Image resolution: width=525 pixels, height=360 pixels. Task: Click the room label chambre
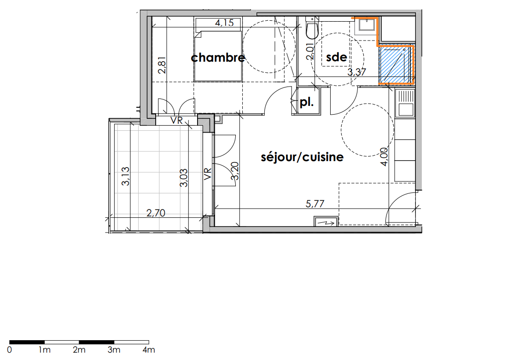pyautogui.click(x=218, y=58)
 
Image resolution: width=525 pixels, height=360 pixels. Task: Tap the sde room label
pyautogui.click(x=337, y=57)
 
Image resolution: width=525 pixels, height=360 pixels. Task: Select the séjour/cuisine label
pyautogui.click(x=302, y=157)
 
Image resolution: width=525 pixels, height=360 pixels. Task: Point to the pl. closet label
pyautogui.click(x=306, y=102)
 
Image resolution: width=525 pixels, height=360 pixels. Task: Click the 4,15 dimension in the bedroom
pyautogui.click(x=224, y=23)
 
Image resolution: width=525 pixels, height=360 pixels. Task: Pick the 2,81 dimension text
pyautogui.click(x=162, y=65)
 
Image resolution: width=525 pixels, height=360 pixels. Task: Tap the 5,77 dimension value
pyautogui.click(x=315, y=203)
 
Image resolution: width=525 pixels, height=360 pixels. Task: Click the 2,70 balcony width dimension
pyautogui.click(x=156, y=213)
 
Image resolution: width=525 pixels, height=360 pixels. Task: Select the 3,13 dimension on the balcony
pyautogui.click(x=126, y=176)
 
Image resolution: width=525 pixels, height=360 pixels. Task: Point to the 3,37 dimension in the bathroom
pyautogui.click(x=356, y=72)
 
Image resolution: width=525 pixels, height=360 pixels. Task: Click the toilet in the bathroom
pyautogui.click(x=312, y=28)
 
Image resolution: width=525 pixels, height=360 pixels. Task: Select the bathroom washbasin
pyautogui.click(x=367, y=25)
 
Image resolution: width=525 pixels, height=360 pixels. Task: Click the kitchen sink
pyautogui.click(x=405, y=103)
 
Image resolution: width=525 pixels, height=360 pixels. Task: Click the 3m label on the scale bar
pyautogui.click(x=114, y=350)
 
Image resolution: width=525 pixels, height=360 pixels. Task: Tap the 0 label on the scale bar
pyautogui.click(x=9, y=350)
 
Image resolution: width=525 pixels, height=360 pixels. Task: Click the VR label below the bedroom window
pyautogui.click(x=176, y=120)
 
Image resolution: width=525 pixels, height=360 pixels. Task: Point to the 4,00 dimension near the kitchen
pyautogui.click(x=385, y=157)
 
